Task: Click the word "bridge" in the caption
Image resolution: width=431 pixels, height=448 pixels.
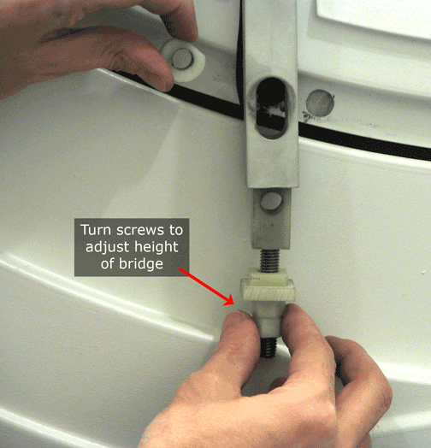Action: (141, 263)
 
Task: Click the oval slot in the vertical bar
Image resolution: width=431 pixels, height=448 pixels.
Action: (270, 108)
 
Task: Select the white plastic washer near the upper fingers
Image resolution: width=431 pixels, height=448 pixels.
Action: (184, 61)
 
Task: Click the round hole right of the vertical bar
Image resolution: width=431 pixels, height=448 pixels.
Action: (320, 103)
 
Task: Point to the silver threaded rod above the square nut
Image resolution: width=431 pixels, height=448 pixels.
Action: (269, 260)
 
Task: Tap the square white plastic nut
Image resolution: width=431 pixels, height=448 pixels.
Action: (268, 289)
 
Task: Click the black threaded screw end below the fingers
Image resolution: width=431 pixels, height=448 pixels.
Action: (269, 347)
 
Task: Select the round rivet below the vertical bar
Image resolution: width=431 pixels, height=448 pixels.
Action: (270, 200)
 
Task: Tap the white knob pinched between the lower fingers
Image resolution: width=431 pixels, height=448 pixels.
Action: (268, 320)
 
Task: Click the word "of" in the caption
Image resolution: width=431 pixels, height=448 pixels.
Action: (107, 263)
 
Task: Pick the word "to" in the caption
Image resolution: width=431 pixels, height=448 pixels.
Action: (176, 230)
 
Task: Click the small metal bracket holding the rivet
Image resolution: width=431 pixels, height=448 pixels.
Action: (271, 218)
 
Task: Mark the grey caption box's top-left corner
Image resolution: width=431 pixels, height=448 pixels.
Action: (74, 219)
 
